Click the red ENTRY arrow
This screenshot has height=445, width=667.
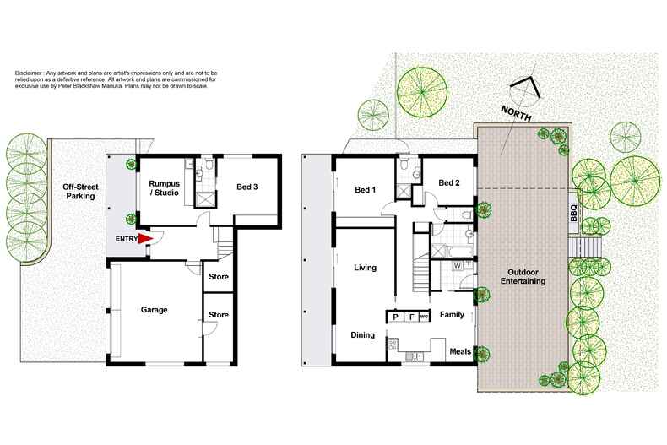pos(144,239)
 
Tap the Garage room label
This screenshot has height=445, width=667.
pos(155,310)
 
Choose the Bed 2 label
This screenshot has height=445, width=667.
pos(449,182)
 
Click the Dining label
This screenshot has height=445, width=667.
pos(362,335)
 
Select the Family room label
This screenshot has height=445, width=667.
pos(453,316)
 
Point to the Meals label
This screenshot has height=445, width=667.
pos(460,351)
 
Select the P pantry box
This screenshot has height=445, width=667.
pos(394,317)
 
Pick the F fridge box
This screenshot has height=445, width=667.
pos(410,317)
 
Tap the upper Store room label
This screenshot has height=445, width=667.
pos(218,277)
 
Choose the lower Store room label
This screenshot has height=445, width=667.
pos(218,316)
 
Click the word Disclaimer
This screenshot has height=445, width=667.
pos(32,74)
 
